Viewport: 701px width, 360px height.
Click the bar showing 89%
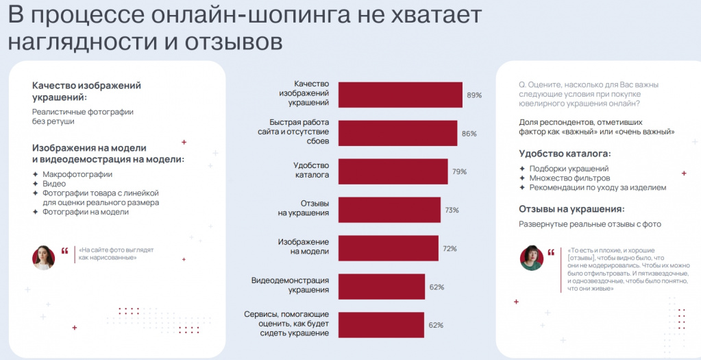click(401, 94)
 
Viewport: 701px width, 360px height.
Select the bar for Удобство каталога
click(393, 171)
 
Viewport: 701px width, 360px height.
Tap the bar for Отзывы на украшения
click(390, 209)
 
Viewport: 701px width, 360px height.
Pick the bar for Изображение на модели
click(389, 248)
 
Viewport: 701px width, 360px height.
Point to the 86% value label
click(469, 134)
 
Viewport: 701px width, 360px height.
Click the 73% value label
click(452, 211)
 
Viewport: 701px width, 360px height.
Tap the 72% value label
click(450, 249)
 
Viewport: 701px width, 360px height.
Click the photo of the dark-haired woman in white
click(44, 257)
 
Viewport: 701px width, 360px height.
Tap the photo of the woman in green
click(532, 257)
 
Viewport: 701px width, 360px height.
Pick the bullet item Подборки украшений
click(569, 168)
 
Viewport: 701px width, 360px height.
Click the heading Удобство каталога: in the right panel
click(565, 154)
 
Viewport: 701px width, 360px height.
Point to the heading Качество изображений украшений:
click(86, 91)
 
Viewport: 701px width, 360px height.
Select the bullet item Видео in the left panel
click(54, 184)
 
